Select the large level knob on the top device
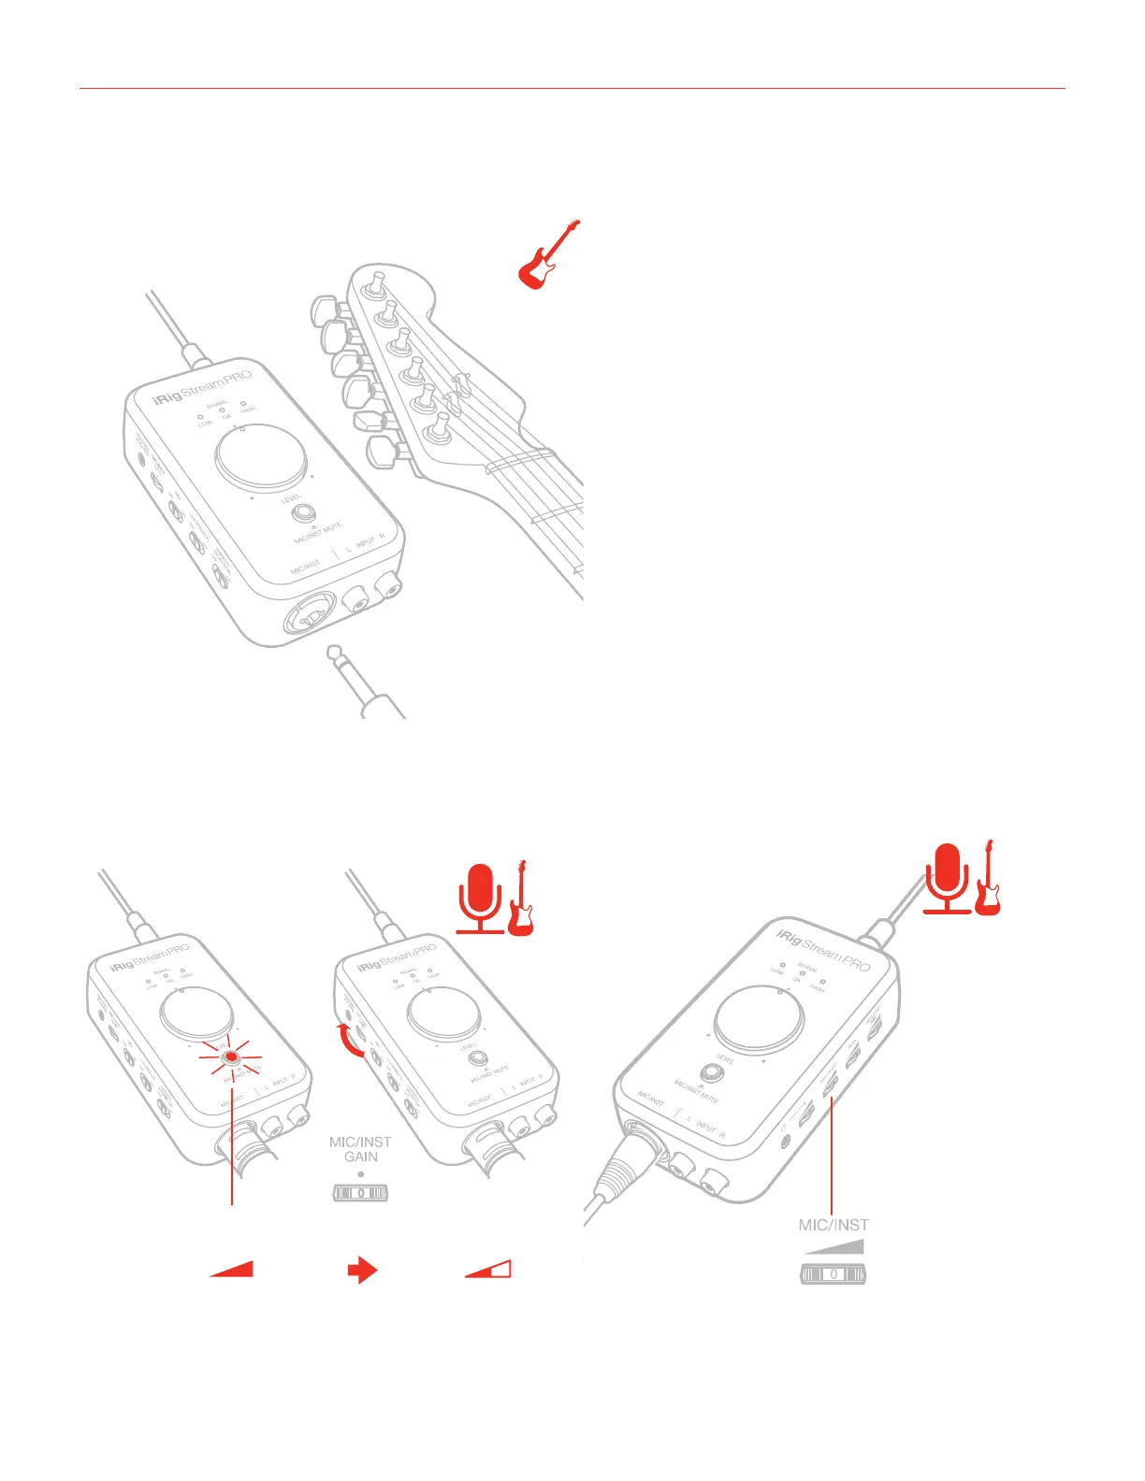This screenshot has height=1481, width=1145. click(x=261, y=458)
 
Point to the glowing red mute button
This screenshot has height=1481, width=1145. click(x=230, y=1057)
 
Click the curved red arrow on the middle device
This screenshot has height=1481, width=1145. click(x=353, y=1040)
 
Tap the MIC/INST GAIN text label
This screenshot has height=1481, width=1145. click(x=360, y=1149)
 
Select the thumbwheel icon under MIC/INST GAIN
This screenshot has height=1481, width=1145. click(x=360, y=1194)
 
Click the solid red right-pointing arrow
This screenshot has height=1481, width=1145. click(x=362, y=1270)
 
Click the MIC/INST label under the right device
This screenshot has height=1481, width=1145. click(x=833, y=1225)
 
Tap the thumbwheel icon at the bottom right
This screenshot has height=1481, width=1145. click(x=833, y=1273)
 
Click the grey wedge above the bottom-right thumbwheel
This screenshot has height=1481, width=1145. click(x=834, y=1246)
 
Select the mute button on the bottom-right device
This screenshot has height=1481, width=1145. click(x=711, y=1074)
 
